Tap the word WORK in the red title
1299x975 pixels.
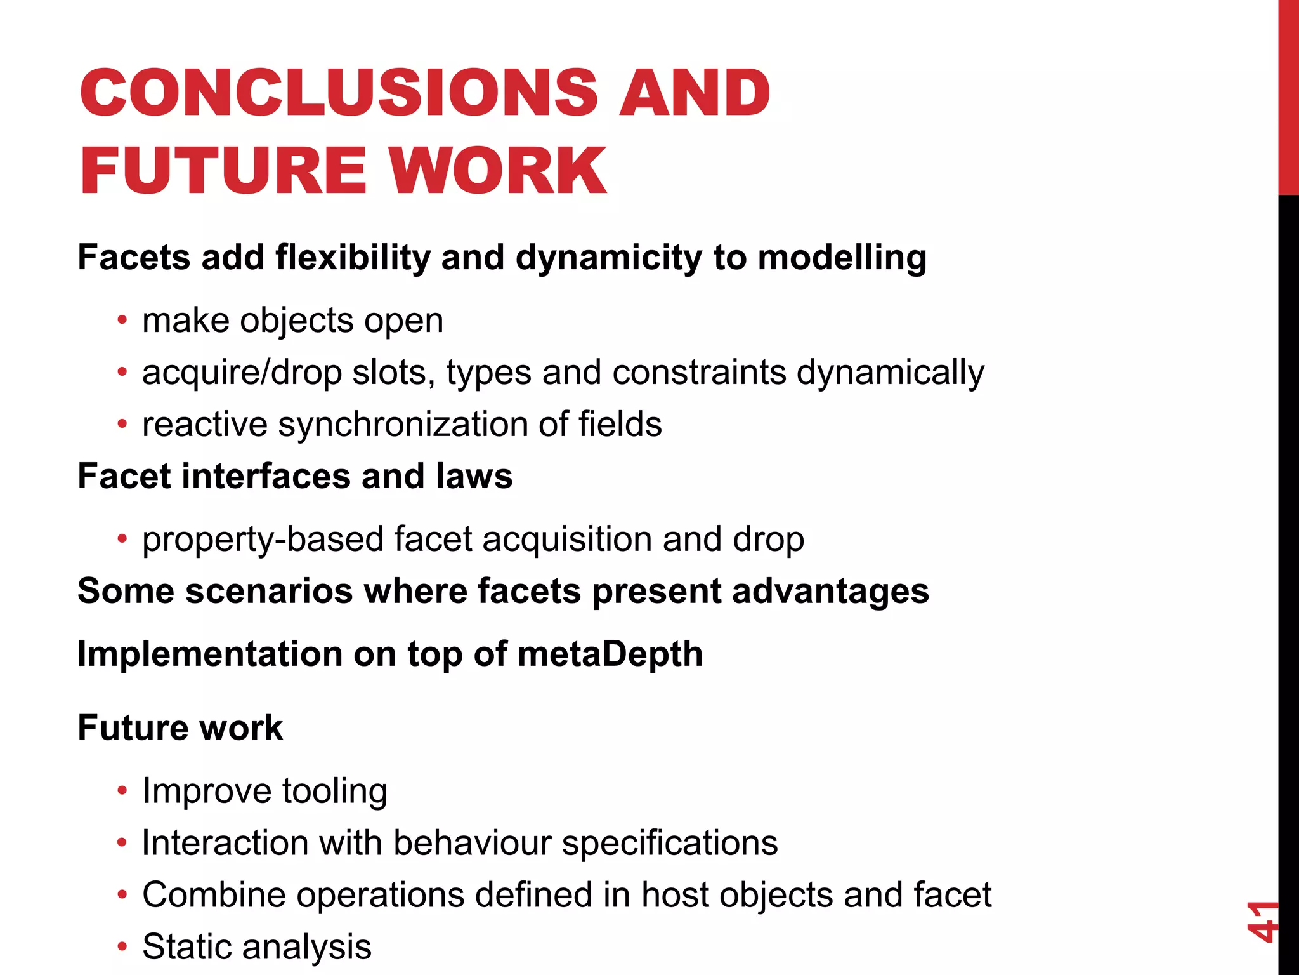[498, 170]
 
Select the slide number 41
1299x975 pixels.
[1262, 921]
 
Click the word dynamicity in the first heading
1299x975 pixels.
[608, 258]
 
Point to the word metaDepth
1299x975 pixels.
[610, 654]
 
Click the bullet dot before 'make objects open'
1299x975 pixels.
[122, 319]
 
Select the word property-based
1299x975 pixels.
[263, 540]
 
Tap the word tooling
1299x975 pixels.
[334, 791]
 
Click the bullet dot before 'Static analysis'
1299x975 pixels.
[122, 947]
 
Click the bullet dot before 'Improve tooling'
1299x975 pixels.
[122, 791]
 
